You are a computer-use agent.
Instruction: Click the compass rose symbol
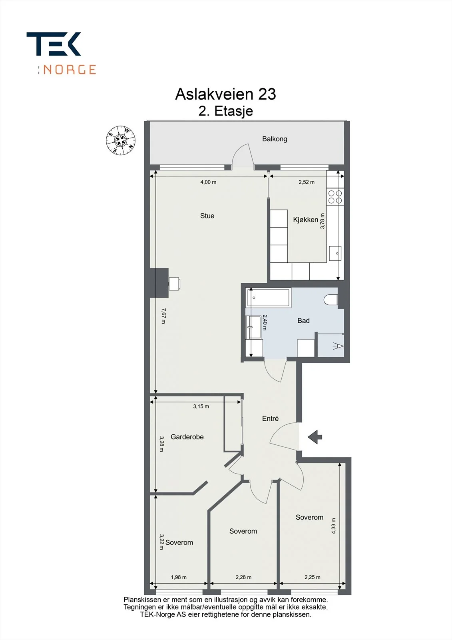point(121,140)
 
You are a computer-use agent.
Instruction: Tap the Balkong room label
point(275,139)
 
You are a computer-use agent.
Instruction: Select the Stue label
point(207,216)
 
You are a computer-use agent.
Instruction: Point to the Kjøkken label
point(305,220)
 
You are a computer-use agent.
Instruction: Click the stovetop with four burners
point(335,197)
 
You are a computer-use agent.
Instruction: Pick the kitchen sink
point(335,253)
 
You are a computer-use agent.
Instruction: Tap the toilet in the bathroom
point(331,300)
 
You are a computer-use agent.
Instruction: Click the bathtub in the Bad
point(268,298)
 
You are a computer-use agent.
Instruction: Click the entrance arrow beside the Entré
point(315,437)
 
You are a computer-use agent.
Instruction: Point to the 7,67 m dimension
point(163,316)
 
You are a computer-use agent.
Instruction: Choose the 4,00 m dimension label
point(208,182)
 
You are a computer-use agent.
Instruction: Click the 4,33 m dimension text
point(333,526)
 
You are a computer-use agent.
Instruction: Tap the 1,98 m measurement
point(179,577)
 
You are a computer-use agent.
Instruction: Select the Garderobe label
point(187,437)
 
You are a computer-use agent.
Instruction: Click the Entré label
point(270,418)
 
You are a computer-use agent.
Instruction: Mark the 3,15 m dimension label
point(201,406)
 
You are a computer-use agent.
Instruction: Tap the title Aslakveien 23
point(225,94)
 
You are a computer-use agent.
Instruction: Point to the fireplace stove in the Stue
point(175,284)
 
